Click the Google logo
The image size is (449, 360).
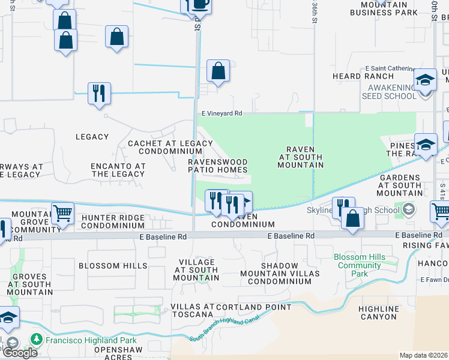tap(20, 353)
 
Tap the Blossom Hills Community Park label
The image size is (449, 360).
tap(360, 265)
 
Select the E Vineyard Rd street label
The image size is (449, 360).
tap(221, 113)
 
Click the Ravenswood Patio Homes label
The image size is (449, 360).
tap(217, 166)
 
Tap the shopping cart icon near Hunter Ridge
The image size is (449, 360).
tap(62, 212)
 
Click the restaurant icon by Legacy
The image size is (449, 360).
tap(98, 93)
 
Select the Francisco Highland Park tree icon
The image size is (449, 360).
tap(37, 339)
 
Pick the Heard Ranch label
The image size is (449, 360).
tap(354, 76)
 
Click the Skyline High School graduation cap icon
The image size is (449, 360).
tap(409, 209)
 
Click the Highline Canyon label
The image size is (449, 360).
tap(378, 313)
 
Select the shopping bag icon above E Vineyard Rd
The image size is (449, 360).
tap(218, 70)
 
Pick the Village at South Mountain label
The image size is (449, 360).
tap(196, 270)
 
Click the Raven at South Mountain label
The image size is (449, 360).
tap(301, 157)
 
